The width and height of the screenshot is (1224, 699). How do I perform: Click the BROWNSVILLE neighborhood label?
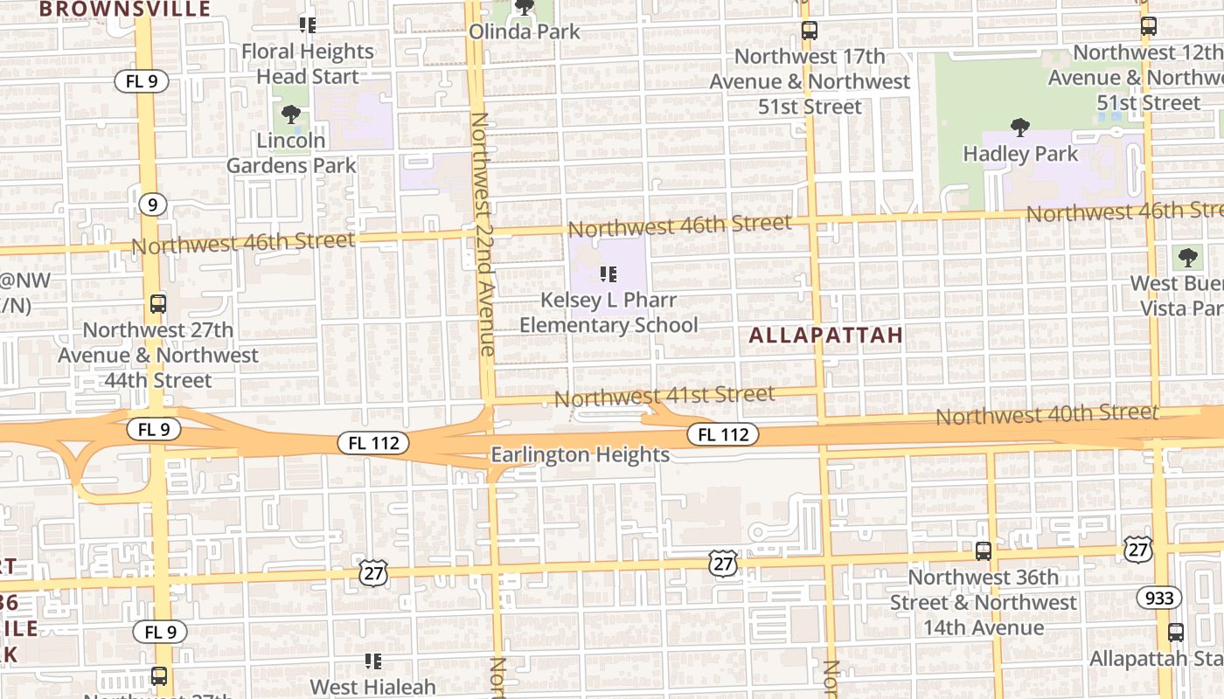coord(126,10)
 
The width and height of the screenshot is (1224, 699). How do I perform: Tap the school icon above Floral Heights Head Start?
coord(307,24)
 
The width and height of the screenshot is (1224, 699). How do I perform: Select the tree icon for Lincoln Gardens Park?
coord(291,114)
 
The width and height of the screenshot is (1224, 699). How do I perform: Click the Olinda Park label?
coord(525,31)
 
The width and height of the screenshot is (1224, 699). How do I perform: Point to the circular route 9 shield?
coord(152,204)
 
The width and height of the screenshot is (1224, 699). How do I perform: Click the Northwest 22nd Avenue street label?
coord(482,233)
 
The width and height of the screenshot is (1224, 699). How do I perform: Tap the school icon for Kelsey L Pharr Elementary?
coord(609,275)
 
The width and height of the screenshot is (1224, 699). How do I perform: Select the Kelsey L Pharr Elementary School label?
coord(609,313)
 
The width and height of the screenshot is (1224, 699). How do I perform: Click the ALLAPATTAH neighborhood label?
coord(825,336)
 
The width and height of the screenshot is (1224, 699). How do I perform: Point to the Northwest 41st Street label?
coord(664,397)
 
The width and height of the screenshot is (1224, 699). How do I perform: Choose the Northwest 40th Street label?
coord(1047,414)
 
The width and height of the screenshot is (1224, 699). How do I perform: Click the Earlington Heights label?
coord(581,454)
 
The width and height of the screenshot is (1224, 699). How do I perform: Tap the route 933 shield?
coord(1159,598)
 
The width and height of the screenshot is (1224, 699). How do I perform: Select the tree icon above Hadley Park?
coord(1019,128)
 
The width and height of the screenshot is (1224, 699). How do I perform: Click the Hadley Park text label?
coord(1020,154)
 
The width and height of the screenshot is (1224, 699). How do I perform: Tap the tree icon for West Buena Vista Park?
coord(1187,257)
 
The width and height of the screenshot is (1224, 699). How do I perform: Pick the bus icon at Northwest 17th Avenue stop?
coord(810,31)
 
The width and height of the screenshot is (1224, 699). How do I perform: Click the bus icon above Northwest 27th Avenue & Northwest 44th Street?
coord(158,304)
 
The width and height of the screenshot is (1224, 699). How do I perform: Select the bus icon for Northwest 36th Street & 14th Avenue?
coord(984,551)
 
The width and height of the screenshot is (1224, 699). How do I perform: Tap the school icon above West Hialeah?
coord(373,661)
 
